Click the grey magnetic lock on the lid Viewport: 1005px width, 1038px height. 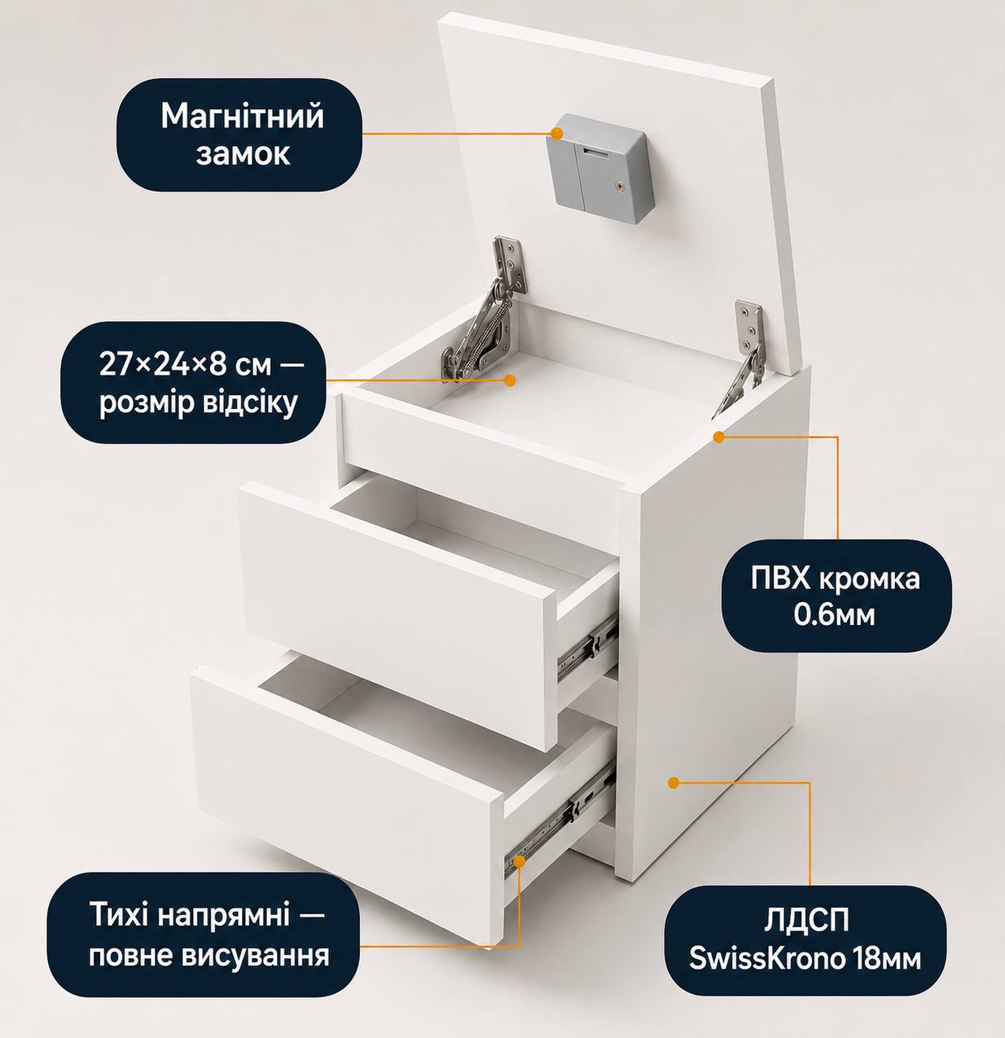click(x=599, y=168)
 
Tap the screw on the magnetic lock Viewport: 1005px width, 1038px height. click(x=619, y=186)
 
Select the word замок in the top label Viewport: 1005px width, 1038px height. click(x=243, y=154)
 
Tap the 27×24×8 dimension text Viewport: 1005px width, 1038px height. click(x=185, y=364)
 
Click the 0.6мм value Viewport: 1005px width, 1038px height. click(x=835, y=614)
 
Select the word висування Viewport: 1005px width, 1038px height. click(x=256, y=956)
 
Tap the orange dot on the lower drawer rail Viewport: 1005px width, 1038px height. click(x=518, y=860)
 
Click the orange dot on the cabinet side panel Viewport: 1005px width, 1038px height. click(x=674, y=783)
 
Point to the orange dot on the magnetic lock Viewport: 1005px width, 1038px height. click(x=556, y=134)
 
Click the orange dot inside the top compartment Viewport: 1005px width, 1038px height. click(x=510, y=380)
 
